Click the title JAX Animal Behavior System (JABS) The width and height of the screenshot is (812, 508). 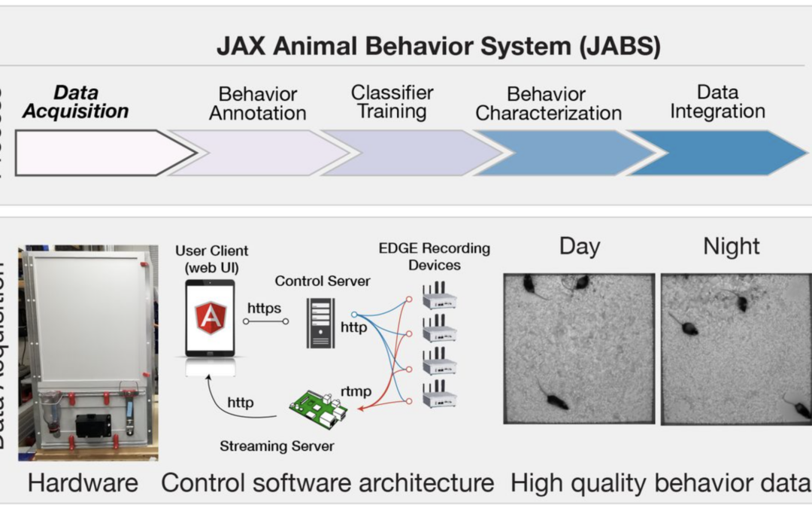438,47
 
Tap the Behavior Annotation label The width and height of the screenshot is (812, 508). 257,104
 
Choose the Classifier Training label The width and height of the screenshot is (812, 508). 392,102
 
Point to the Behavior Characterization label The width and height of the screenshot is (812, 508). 548,104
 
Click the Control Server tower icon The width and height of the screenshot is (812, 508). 320,322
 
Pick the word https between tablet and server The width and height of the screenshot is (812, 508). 264,308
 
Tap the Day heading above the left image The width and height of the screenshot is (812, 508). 580,247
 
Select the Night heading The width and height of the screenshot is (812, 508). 731,247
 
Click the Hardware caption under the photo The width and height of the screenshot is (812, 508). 83,482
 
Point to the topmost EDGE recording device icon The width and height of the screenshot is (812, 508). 440,298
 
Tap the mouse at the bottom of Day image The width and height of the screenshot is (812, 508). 555,400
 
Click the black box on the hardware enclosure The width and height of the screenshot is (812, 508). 93,425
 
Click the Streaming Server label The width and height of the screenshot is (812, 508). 277,446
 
